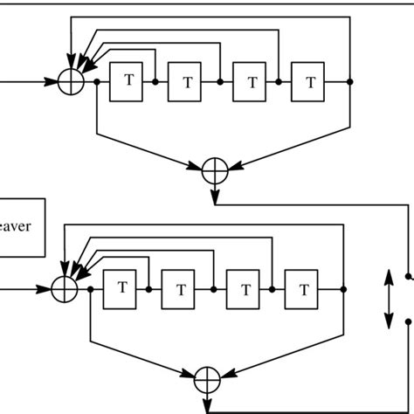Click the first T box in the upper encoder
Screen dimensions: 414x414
pyautogui.click(x=129, y=81)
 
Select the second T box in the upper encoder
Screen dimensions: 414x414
pyautogui.click(x=187, y=83)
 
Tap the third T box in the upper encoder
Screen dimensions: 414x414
pyautogui.click(x=252, y=83)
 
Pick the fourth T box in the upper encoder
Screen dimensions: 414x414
pyautogui.click(x=311, y=83)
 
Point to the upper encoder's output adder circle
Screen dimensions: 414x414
pyautogui.click(x=214, y=171)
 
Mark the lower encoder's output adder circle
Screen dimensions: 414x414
pyautogui.click(x=207, y=380)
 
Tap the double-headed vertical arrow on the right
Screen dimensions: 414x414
pyautogui.click(x=388, y=300)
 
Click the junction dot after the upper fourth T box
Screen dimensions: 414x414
pyautogui.click(x=349, y=82)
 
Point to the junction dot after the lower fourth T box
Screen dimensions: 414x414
pyautogui.click(x=343, y=288)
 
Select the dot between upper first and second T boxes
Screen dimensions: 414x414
pyautogui.click(x=155, y=82)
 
